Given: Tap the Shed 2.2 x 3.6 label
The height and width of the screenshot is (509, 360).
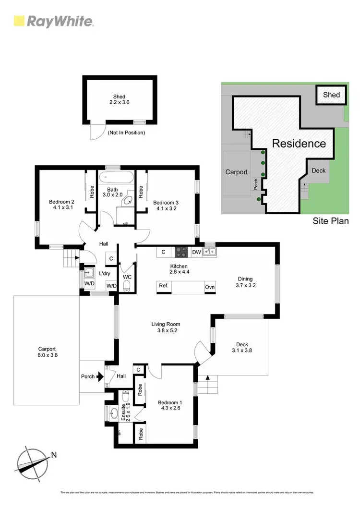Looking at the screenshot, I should click(x=120, y=99).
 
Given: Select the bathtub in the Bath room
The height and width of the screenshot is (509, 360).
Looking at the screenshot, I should click(x=118, y=177).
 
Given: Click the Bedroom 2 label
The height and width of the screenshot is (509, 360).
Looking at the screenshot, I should click(x=61, y=205).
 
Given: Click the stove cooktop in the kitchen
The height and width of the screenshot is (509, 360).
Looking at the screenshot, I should click(x=181, y=252).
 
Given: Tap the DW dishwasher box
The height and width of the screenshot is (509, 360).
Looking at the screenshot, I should click(x=196, y=252).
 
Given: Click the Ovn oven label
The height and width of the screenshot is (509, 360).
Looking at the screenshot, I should click(x=210, y=287).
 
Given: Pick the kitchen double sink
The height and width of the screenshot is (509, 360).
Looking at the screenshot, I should click(x=209, y=252).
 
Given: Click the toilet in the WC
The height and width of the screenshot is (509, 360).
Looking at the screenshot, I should click(x=127, y=286).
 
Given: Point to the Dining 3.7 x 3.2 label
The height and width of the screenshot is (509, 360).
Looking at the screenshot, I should click(x=245, y=282).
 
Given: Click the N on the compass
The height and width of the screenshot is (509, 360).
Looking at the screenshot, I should click(x=54, y=454).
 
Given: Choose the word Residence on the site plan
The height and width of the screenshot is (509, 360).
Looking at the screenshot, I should click(x=299, y=143).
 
